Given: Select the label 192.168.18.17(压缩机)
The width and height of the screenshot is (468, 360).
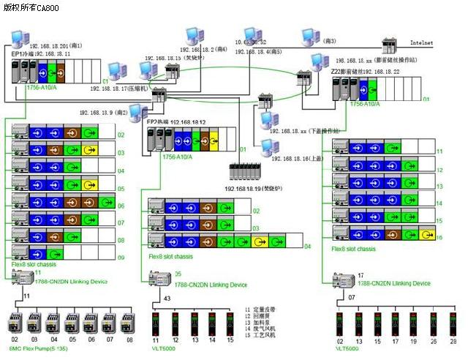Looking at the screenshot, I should tap(117, 88).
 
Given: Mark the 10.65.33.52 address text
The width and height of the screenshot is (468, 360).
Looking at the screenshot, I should tap(250, 42).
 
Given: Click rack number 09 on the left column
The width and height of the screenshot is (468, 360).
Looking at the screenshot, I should tap(121, 258).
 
